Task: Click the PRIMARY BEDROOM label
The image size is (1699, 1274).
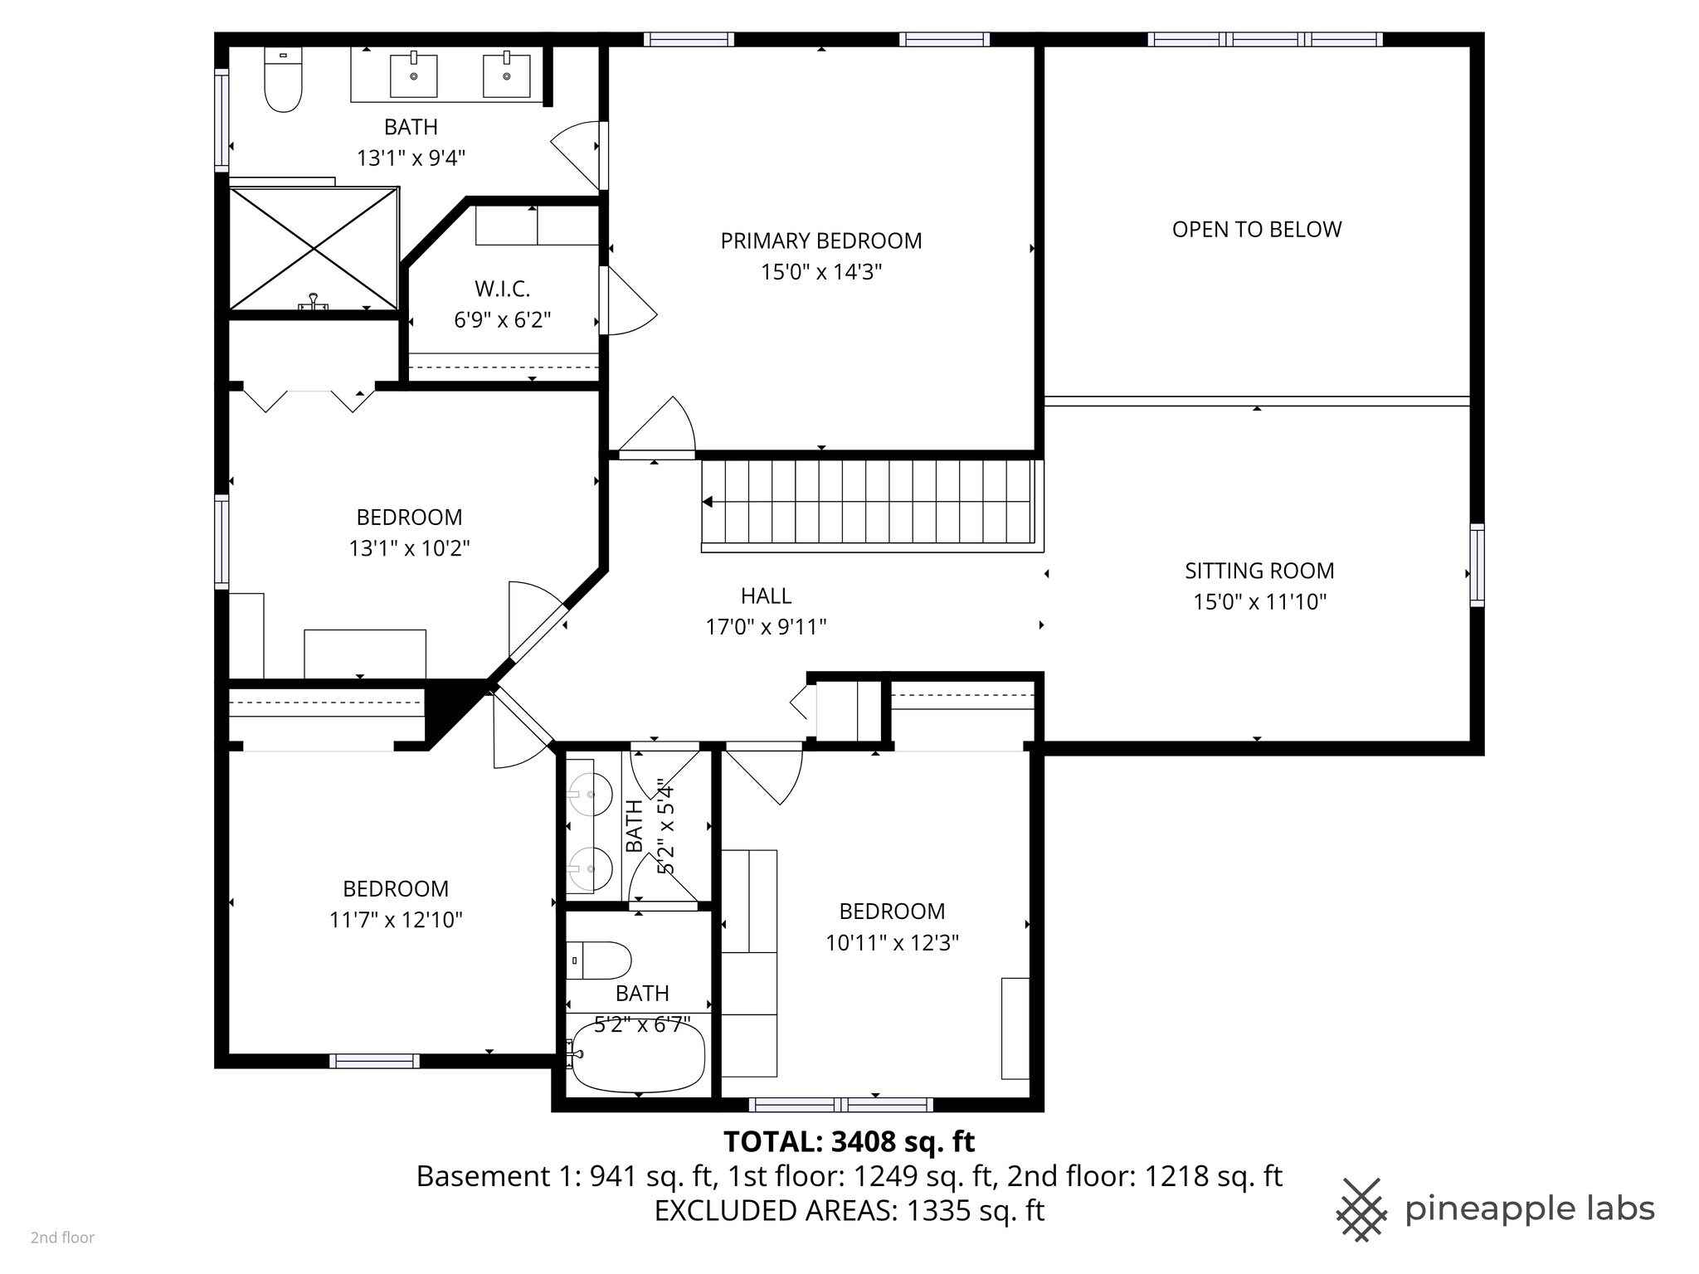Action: point(820,241)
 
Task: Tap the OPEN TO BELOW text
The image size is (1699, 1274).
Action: point(1256,230)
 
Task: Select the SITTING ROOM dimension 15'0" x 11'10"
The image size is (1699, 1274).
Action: point(1259,602)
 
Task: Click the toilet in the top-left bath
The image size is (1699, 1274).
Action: point(283,80)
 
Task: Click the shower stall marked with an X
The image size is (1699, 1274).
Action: point(314,249)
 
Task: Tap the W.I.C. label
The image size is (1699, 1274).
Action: point(502,289)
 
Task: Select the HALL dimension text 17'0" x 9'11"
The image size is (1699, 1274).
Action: point(766,627)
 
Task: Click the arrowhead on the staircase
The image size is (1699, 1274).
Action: point(708,502)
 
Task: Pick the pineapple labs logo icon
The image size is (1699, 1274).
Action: point(1361,1209)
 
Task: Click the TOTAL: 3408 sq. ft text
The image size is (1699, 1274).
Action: point(849,1142)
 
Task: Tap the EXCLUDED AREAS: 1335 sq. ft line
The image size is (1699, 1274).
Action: point(849,1211)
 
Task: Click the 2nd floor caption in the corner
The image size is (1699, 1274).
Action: point(62,1238)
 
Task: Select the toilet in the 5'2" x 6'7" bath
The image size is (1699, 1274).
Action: point(599,960)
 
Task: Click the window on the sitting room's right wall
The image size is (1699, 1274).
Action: point(1477,565)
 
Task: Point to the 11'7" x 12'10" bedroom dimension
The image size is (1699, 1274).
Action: point(396,920)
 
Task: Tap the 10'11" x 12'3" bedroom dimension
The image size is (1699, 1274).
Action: point(892,943)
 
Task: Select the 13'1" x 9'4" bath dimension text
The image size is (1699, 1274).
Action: point(411,158)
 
